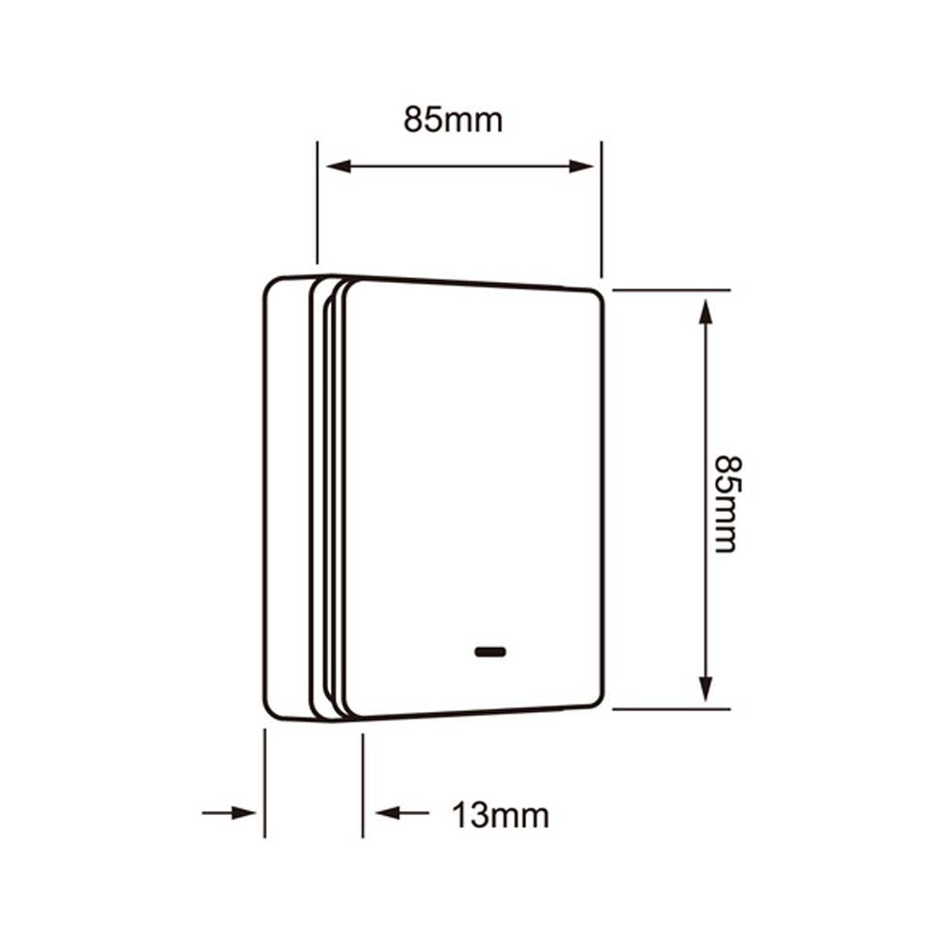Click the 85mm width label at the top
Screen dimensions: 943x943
[x=454, y=120]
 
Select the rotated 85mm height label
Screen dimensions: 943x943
[x=725, y=504]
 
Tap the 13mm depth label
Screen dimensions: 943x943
[x=500, y=814]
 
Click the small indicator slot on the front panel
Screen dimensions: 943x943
[x=490, y=652]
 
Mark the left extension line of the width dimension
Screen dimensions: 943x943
[x=317, y=203]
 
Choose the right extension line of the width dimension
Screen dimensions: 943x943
[x=602, y=207]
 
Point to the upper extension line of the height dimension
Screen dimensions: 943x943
[x=670, y=290]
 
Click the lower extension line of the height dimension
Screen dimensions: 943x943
[x=670, y=708]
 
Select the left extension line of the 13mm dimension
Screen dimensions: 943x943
[x=264, y=783]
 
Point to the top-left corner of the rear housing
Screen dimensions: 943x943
[x=269, y=284]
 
